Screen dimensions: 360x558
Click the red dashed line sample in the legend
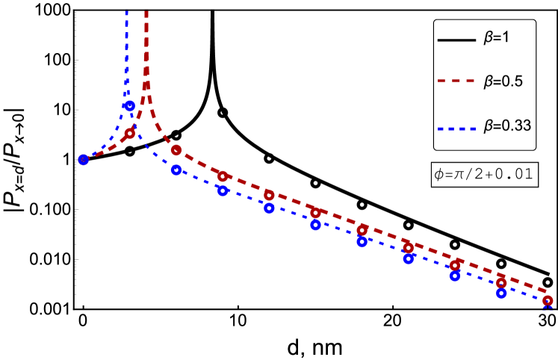pos(456,81)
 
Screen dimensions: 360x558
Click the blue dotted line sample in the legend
pos(456,128)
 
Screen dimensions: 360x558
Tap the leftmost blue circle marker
pos(84,159)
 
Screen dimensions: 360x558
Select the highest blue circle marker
pos(129,106)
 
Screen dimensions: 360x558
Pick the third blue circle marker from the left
pos(176,170)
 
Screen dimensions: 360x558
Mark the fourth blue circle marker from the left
pos(223,190)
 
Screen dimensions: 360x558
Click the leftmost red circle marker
pos(130,133)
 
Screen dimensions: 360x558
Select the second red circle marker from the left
pos(176,150)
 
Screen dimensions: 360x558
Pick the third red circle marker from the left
pos(223,176)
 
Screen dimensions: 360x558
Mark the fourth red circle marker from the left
pos(269,195)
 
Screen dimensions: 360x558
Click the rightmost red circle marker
pos(548,300)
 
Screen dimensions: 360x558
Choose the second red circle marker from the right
pos(501,283)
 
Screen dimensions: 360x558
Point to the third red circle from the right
pos(455,265)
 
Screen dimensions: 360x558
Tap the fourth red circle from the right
pos(409,248)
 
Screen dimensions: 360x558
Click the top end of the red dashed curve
pos(146,12)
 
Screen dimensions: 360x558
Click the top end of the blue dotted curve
pos(126,12)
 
